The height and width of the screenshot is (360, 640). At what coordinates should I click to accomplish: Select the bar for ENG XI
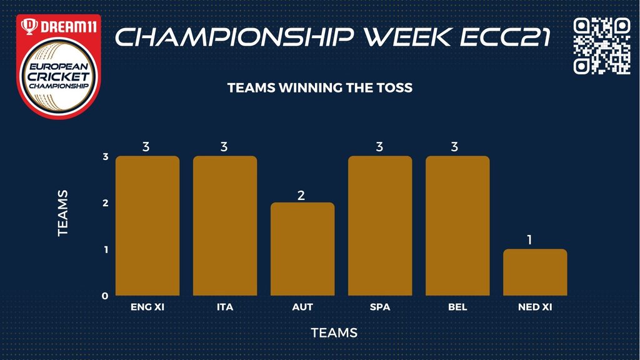tap(147, 226)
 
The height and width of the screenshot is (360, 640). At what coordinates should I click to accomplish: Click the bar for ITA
tap(225, 226)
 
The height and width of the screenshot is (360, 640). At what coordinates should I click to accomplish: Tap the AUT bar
tap(302, 249)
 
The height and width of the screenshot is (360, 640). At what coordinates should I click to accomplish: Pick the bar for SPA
tap(380, 226)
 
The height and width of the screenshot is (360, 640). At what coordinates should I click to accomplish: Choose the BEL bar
tap(457, 226)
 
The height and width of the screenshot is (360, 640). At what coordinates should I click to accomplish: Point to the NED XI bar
tap(535, 272)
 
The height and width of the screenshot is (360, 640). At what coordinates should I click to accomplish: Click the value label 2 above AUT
tap(301, 196)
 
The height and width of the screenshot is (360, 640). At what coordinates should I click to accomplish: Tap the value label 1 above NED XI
tap(530, 240)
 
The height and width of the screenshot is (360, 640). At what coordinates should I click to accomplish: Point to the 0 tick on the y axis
tap(105, 296)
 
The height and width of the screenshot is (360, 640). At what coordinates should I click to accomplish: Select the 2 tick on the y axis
tap(105, 203)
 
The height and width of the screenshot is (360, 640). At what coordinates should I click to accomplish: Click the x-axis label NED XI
tap(535, 307)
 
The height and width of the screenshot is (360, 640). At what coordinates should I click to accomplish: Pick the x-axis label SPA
tap(380, 307)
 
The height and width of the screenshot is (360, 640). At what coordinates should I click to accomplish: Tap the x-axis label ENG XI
tap(147, 307)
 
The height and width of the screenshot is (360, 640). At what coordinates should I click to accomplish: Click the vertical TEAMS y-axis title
tap(62, 213)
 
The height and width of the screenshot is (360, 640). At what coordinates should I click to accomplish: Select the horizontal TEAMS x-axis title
tap(334, 332)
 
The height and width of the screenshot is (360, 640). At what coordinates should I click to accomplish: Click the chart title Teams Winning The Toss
tap(320, 87)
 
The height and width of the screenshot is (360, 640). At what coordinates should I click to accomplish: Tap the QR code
tap(602, 46)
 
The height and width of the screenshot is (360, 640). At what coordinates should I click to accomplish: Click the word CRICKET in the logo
tap(59, 76)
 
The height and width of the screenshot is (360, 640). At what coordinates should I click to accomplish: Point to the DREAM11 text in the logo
tap(69, 27)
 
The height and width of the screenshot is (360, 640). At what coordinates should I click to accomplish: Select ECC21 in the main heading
tap(505, 37)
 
